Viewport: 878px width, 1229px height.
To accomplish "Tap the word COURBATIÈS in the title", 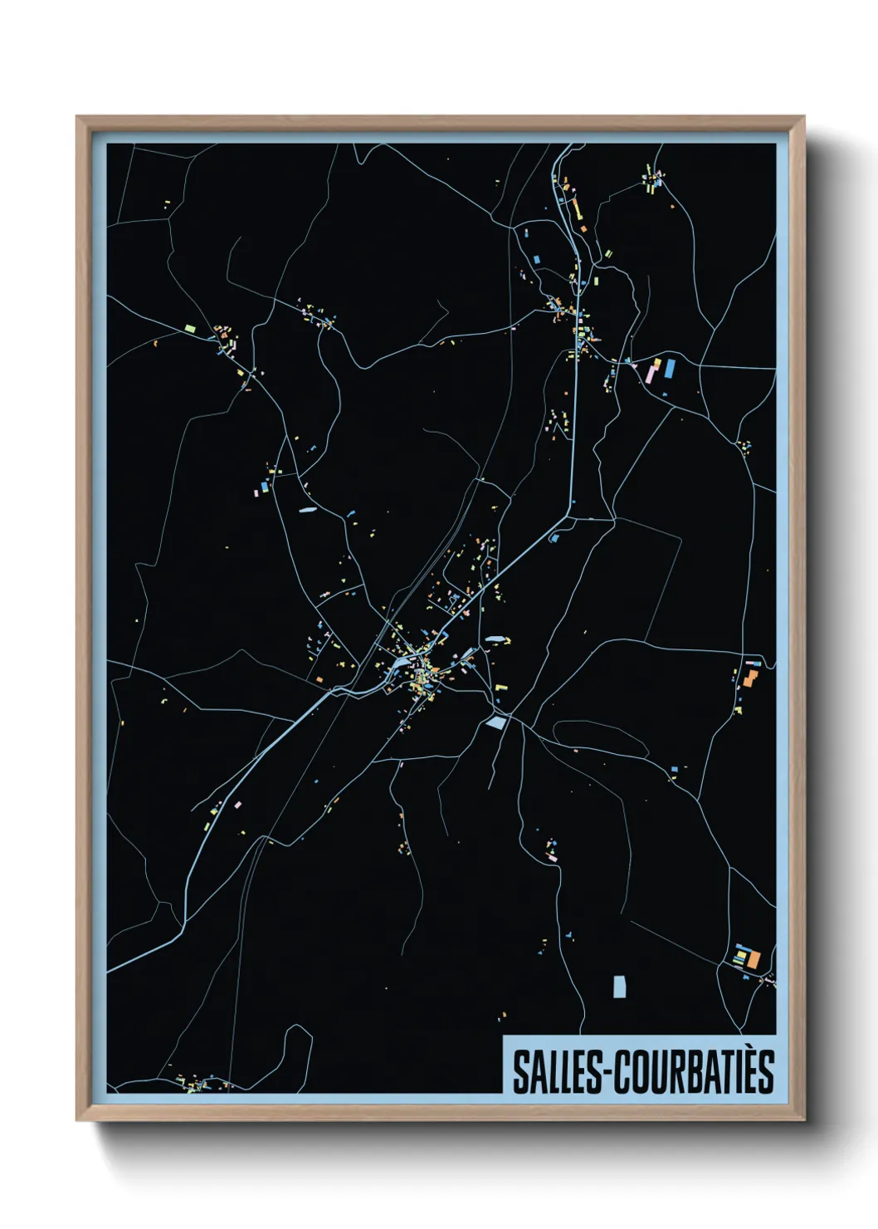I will (x=696, y=1072).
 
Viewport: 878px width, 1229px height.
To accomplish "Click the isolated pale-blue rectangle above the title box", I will (x=619, y=987).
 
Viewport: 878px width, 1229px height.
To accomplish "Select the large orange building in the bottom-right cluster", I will (x=754, y=959).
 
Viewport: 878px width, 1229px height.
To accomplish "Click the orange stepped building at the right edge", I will (x=750, y=678).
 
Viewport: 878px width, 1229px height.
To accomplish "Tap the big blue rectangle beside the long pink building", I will (x=669, y=368).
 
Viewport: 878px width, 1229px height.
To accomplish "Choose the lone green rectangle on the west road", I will (x=190, y=329).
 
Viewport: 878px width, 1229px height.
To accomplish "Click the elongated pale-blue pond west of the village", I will (x=307, y=510).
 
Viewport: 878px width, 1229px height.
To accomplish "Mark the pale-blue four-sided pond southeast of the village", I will (x=496, y=722).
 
